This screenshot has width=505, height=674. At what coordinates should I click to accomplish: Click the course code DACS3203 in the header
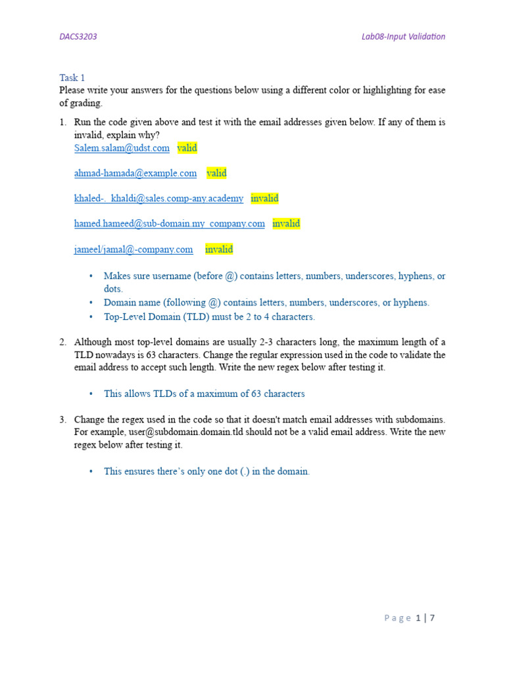[x=78, y=37]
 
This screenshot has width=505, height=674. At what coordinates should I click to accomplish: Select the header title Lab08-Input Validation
[x=403, y=37]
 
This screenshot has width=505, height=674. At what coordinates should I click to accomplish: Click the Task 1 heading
[x=72, y=78]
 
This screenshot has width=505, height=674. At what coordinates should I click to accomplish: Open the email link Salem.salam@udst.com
[x=122, y=148]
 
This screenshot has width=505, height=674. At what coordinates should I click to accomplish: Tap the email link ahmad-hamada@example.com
[x=135, y=173]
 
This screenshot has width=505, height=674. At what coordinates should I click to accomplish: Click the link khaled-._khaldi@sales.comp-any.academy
[x=158, y=198]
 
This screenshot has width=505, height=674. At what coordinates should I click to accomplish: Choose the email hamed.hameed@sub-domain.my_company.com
[x=170, y=224]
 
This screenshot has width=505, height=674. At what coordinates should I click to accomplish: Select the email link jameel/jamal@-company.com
[x=133, y=249]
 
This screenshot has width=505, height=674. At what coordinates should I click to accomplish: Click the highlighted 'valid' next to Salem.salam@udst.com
[x=187, y=148]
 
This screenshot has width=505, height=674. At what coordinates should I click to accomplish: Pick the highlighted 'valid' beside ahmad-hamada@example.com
[x=216, y=173]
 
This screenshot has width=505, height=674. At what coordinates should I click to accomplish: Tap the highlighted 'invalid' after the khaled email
[x=264, y=198]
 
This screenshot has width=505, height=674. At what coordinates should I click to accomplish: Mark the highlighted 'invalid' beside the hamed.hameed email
[x=286, y=224]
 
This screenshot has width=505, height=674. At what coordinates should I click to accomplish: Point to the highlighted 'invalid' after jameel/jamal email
[x=219, y=249]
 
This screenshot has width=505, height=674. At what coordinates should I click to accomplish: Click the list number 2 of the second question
[x=62, y=342]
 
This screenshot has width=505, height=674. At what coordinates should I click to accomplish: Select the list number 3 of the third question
[x=62, y=419]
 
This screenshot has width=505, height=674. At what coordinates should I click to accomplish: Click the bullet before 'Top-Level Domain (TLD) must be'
[x=91, y=317]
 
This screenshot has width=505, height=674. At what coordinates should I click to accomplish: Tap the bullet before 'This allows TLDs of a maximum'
[x=91, y=394]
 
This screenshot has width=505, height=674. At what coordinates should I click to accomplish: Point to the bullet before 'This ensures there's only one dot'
[x=91, y=471]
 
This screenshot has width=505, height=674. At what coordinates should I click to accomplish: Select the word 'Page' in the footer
[x=398, y=618]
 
